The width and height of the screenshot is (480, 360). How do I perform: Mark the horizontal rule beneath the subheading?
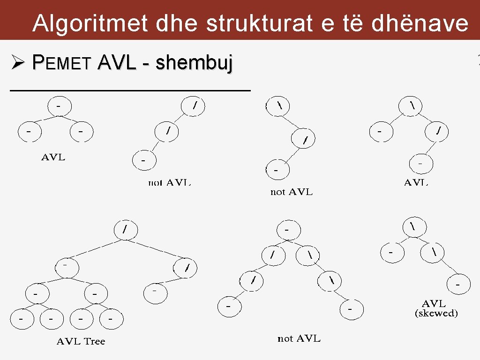pos(130,89)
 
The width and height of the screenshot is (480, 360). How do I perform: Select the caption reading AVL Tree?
pos(81,341)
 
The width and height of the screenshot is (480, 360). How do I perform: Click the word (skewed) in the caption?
pos(436,314)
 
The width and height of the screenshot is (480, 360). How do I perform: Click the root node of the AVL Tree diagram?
pos(124,230)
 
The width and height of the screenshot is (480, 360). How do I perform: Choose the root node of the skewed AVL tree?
pos(412,226)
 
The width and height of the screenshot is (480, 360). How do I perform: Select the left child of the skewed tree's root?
pos(390,253)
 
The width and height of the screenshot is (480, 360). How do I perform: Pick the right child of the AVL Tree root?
pos(186,268)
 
